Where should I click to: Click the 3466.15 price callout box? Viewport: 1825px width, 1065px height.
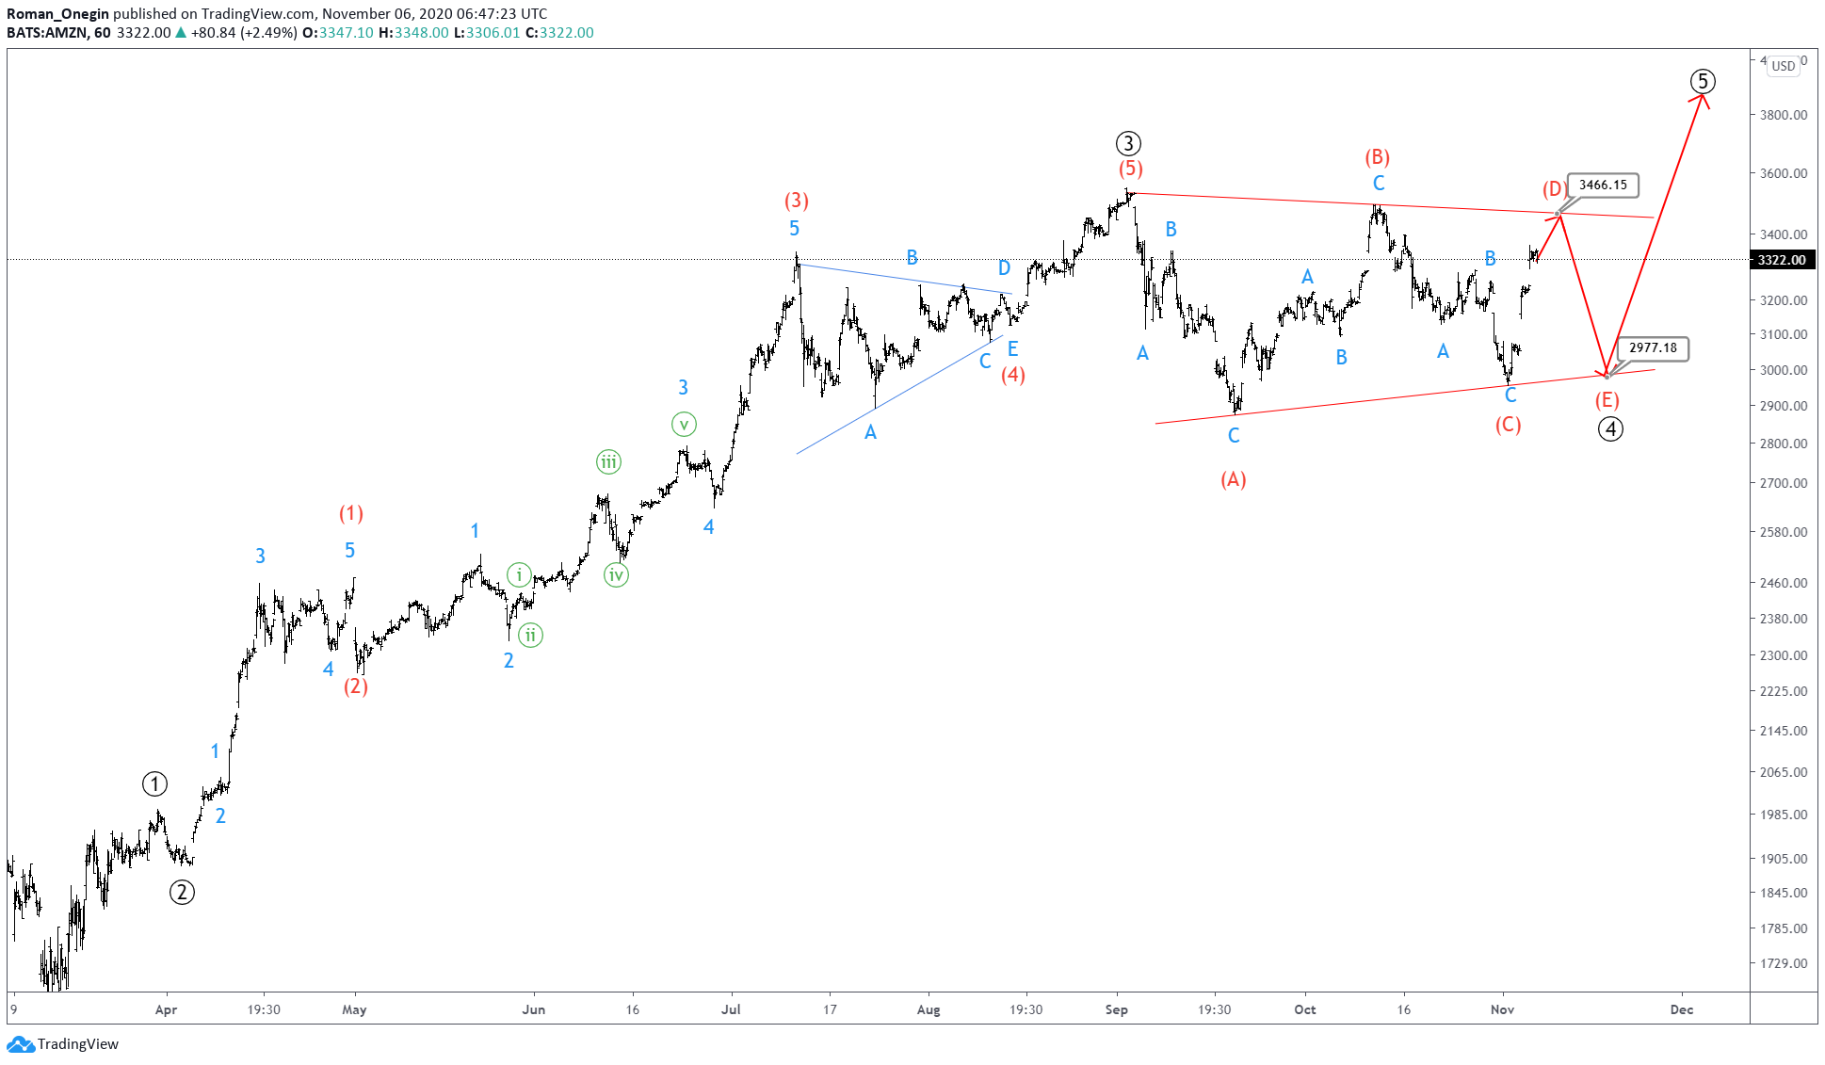(1602, 186)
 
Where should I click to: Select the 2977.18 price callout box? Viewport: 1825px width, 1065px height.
(1653, 348)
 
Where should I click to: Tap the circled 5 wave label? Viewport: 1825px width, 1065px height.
(1702, 82)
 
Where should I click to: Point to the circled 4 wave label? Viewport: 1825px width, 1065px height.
(1610, 429)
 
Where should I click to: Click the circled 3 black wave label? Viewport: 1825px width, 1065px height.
(1128, 144)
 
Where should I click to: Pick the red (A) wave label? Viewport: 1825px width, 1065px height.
(1233, 480)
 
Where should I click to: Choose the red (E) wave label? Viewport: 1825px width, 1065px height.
(1607, 400)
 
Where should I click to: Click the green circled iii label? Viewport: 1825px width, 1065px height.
(608, 462)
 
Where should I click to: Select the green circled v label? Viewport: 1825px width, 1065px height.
(684, 425)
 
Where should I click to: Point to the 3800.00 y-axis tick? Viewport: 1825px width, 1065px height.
(1784, 115)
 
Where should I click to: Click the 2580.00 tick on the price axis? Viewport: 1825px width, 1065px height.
(1784, 532)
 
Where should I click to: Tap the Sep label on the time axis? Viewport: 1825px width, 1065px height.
(1116, 1009)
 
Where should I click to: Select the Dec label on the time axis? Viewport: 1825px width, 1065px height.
(1681, 1009)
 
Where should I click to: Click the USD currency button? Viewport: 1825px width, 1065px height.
(1783, 66)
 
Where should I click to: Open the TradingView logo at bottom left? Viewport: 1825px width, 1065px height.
(63, 1043)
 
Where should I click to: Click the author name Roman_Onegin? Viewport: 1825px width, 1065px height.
(57, 13)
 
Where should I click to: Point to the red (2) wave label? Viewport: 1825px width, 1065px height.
(355, 686)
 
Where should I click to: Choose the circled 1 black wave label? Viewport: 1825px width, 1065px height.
(154, 783)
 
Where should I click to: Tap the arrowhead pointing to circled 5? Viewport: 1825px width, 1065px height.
(1704, 97)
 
